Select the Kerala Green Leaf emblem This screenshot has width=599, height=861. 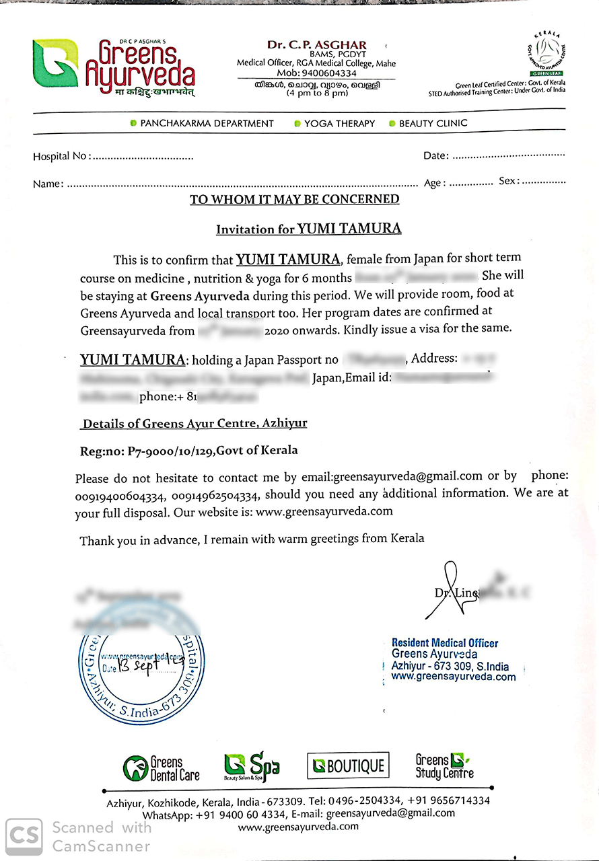click(x=546, y=52)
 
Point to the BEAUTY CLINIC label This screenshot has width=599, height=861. click(x=433, y=123)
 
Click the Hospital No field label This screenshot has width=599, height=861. click(x=60, y=156)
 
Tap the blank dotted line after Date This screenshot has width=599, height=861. click(x=508, y=155)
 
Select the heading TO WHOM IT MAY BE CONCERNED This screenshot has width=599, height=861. click(x=294, y=200)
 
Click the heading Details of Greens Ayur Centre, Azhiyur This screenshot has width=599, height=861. click(x=195, y=423)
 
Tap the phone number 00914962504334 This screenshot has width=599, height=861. click(x=215, y=496)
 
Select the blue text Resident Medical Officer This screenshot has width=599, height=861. click(x=445, y=643)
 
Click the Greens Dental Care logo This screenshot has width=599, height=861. click(x=162, y=768)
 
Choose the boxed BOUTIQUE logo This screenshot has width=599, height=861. click(x=348, y=765)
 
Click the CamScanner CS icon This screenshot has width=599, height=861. click(x=24, y=835)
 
